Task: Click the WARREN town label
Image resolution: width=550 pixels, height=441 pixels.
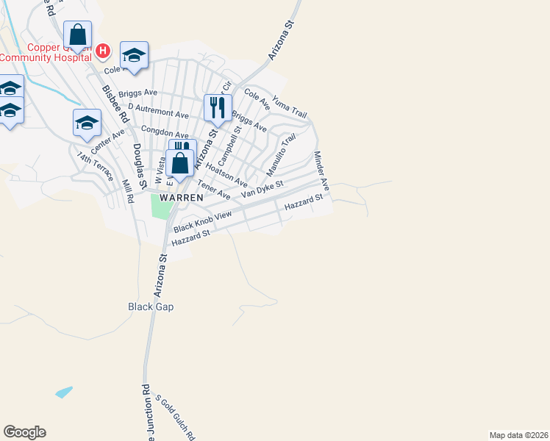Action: point(176,198)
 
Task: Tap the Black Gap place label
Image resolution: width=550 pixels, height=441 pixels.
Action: point(151,306)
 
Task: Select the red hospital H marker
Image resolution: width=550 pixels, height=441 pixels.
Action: point(103,51)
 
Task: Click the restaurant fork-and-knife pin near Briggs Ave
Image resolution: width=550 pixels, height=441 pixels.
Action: point(218,108)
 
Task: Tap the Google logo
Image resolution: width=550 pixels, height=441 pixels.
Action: point(24,432)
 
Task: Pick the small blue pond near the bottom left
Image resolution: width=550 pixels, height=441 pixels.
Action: point(64,392)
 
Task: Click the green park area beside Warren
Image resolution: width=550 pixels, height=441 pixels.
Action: point(160,205)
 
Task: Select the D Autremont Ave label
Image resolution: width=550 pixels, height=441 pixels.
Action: point(158,110)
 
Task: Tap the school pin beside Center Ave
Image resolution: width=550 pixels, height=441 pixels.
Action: point(87,123)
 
